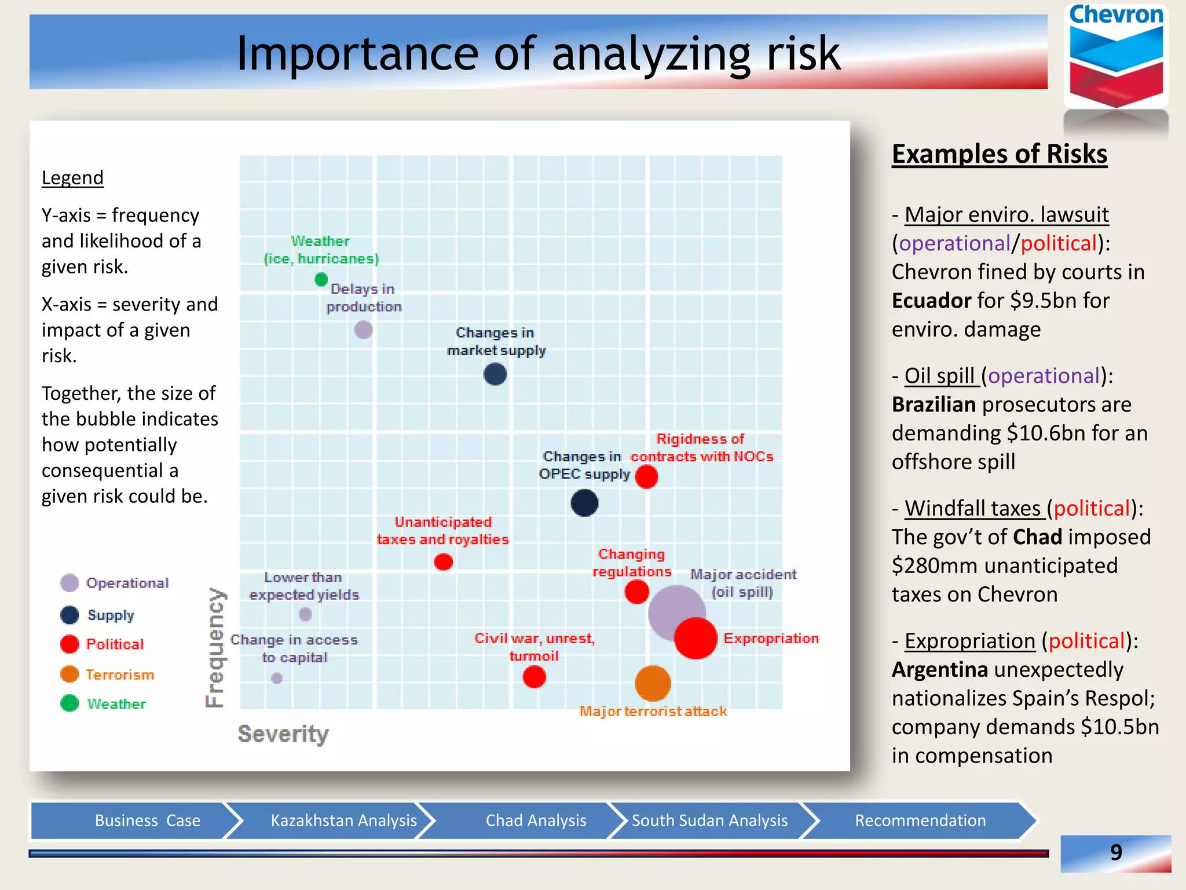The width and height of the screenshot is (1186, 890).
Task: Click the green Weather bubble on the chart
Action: pos(321,280)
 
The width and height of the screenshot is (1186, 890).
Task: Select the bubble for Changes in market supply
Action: pos(495,374)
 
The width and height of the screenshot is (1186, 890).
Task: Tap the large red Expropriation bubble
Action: pos(696,638)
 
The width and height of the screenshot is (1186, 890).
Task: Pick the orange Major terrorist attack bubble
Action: pos(653,683)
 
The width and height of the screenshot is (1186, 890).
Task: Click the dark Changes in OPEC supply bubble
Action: pos(584,503)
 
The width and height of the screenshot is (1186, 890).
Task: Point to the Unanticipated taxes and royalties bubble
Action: pos(443,561)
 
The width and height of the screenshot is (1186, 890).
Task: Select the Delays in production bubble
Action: pos(363,330)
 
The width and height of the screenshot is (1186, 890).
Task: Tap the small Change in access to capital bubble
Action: pos(277,678)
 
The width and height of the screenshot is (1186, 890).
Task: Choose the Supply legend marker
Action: pos(69,615)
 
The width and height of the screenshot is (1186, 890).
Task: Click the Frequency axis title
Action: pos(215,647)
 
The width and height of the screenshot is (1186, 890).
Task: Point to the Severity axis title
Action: pos(283,734)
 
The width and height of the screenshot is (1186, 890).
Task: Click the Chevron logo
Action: pos(1116,58)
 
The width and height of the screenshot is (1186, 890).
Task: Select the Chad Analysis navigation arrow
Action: pos(536,820)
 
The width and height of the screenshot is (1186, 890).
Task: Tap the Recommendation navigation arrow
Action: pos(920,820)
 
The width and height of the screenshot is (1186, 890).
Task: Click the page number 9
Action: pos(1115,852)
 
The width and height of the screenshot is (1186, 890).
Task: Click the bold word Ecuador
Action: pos(931,301)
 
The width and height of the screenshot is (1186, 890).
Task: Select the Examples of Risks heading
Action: pos(999,154)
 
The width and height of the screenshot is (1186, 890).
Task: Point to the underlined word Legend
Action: pos(72,177)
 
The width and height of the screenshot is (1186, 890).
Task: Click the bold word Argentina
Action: pos(939,670)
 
